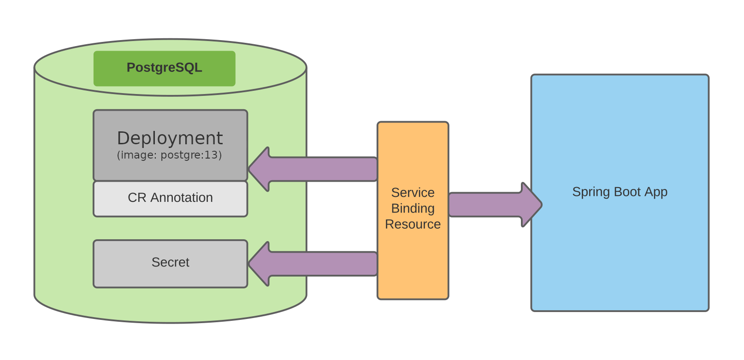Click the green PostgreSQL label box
click(x=164, y=68)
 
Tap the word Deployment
click(x=170, y=138)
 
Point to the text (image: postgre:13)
click(x=170, y=155)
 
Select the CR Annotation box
click(x=170, y=198)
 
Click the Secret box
click(x=170, y=263)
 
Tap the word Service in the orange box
click(x=413, y=192)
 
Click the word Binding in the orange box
click(x=413, y=208)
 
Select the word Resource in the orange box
click(x=413, y=224)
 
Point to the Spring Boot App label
click(x=620, y=192)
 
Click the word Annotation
click(x=182, y=198)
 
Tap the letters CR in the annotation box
click(x=137, y=198)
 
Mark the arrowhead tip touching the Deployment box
click(x=250, y=169)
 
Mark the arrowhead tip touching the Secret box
click(x=250, y=264)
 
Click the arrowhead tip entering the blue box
click(x=541, y=205)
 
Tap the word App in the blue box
click(x=656, y=192)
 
